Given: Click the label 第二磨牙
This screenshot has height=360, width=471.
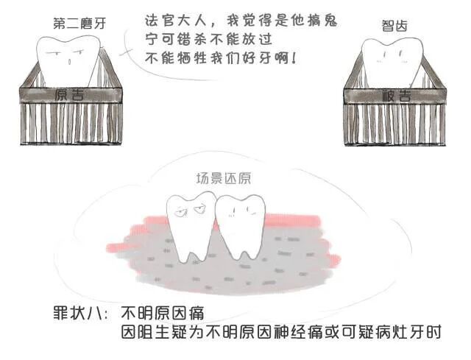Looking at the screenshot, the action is pos(79,23).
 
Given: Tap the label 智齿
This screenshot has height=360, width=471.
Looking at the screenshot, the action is pos(395,27).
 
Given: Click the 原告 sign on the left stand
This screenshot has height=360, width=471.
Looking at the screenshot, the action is pos(72,93).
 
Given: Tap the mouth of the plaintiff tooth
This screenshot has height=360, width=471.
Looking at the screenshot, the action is pos(68,62).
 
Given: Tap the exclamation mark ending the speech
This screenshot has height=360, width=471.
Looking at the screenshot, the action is pos(294,57).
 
